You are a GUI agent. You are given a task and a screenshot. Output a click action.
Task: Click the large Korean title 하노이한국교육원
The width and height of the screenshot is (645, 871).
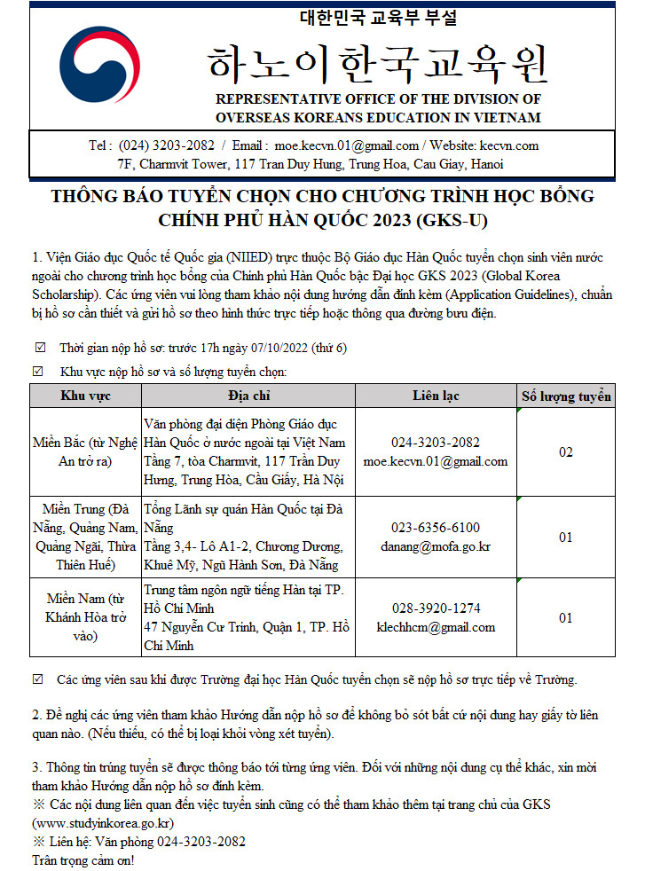(x=378, y=61)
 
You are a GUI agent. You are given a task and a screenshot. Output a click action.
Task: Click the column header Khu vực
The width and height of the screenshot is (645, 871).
(x=85, y=396)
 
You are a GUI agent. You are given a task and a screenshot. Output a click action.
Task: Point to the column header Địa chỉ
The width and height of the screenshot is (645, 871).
(x=248, y=396)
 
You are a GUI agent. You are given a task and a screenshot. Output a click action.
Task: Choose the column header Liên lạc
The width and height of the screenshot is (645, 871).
(x=436, y=396)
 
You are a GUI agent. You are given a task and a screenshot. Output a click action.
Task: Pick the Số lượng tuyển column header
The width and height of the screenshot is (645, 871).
(x=566, y=396)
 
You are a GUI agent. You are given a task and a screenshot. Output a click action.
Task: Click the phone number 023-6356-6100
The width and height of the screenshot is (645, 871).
(x=436, y=528)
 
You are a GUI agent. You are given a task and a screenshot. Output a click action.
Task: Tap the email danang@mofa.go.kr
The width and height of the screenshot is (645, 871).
(x=436, y=545)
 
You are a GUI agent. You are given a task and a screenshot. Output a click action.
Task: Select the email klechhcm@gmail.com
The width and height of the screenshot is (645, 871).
(x=436, y=627)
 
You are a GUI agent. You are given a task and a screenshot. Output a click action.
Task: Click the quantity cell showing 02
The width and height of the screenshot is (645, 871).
(x=566, y=452)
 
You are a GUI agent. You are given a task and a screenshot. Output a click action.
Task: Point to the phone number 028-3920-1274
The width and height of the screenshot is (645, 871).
(x=436, y=608)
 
